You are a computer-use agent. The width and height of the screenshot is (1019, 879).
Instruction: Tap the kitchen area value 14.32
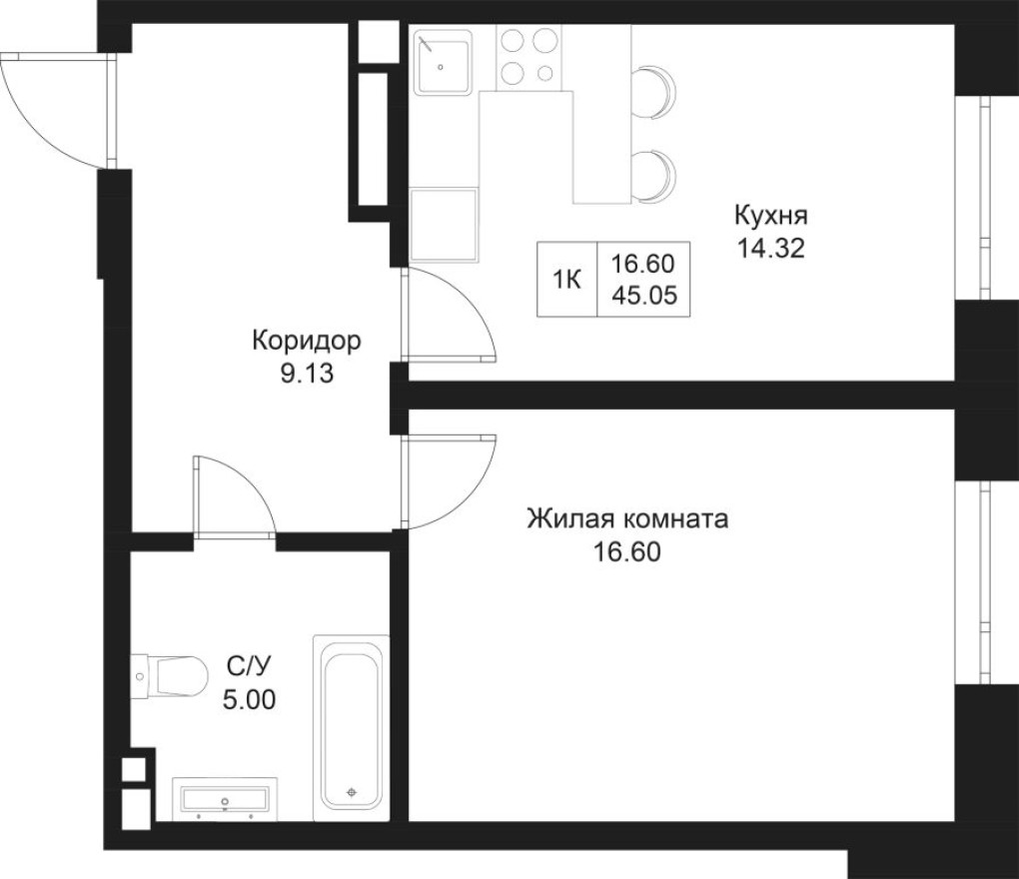coord(770,249)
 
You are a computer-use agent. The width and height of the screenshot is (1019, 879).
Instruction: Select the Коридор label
coord(306,342)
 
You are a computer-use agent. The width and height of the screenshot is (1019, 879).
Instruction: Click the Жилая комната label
coord(628,520)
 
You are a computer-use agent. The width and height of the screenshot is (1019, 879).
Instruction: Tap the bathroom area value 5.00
coord(249,695)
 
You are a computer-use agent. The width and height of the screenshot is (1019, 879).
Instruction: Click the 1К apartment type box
coord(567,280)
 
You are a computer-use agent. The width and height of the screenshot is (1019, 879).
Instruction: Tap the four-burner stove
coord(527,56)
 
